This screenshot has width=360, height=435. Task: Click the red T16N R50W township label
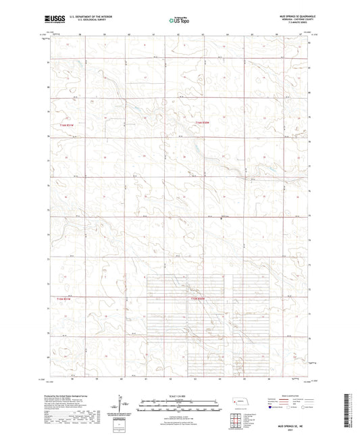(203, 122)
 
